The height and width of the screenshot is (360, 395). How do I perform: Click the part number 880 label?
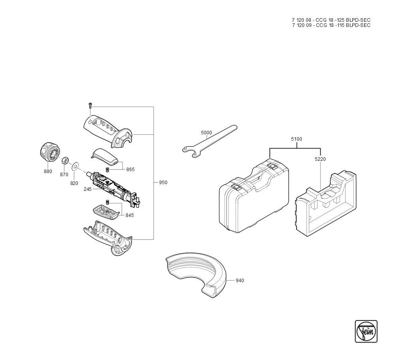click(x=48, y=172)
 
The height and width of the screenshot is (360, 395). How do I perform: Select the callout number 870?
click(x=64, y=175)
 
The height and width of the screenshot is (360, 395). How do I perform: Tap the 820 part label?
click(x=74, y=183)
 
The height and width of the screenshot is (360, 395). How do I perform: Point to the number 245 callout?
click(x=88, y=189)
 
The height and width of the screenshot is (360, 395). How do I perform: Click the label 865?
click(x=130, y=170)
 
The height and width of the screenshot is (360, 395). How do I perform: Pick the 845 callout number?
click(x=130, y=215)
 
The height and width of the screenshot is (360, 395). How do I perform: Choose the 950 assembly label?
click(x=163, y=183)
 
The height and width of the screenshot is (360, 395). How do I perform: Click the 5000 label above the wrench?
click(x=207, y=133)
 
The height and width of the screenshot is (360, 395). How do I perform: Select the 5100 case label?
click(x=297, y=139)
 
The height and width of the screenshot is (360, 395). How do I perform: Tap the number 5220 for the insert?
click(x=320, y=159)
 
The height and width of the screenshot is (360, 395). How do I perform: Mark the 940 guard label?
click(x=240, y=281)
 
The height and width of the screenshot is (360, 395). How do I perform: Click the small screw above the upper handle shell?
click(x=90, y=105)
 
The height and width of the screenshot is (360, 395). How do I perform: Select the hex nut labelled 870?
click(x=65, y=160)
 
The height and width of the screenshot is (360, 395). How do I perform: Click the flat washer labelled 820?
click(x=75, y=167)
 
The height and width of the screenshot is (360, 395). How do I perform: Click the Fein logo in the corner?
click(x=366, y=331)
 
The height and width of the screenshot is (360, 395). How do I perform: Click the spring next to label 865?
click(x=107, y=169)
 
